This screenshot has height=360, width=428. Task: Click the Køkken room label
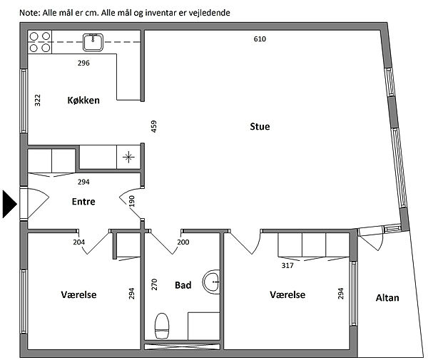click(x=83, y=101)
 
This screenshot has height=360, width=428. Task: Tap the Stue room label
click(x=260, y=127)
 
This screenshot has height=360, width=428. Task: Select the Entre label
click(x=83, y=202)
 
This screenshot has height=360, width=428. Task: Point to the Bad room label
click(x=183, y=285)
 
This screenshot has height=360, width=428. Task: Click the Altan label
click(x=387, y=297)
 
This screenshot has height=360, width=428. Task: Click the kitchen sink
click(x=93, y=42)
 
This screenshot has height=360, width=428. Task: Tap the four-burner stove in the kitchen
click(x=39, y=42)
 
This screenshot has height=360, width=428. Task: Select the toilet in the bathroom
click(x=162, y=326)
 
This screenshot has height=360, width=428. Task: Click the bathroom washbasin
click(x=212, y=282)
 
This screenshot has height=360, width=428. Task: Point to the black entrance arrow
click(x=9, y=204)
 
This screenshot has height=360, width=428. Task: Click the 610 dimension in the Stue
click(x=260, y=39)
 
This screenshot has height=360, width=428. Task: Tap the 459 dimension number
click(x=154, y=127)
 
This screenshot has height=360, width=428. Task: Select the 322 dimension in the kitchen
click(x=38, y=101)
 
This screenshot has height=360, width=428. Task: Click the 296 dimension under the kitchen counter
click(x=83, y=63)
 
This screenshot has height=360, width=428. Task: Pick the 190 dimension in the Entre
click(x=132, y=201)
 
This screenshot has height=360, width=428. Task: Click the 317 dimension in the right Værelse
click(x=287, y=265)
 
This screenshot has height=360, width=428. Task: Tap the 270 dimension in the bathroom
click(x=154, y=284)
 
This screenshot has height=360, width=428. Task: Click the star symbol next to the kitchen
click(x=128, y=157)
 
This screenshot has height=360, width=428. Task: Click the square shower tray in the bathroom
click(x=204, y=326)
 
